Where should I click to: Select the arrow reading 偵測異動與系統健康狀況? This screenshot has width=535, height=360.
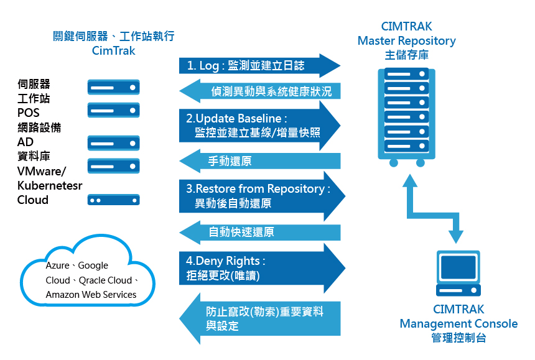(x=267, y=92)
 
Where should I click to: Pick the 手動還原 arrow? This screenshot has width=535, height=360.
(x=261, y=162)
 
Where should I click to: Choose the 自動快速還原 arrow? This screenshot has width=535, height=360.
(x=261, y=233)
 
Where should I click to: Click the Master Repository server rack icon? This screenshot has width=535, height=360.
(x=407, y=115)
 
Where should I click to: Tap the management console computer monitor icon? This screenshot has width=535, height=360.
(x=458, y=273)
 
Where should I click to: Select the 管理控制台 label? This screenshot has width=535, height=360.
(x=458, y=338)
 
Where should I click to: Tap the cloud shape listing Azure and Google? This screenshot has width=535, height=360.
(x=87, y=274)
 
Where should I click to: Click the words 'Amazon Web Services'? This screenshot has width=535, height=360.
(x=91, y=295)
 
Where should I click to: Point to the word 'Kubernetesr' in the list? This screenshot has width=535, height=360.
(x=50, y=186)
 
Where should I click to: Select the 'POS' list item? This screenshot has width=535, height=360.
(x=28, y=113)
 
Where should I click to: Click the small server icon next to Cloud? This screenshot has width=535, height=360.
(x=113, y=200)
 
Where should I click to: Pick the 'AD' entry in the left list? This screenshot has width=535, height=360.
(x=26, y=142)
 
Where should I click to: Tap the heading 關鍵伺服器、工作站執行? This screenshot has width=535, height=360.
(x=114, y=36)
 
